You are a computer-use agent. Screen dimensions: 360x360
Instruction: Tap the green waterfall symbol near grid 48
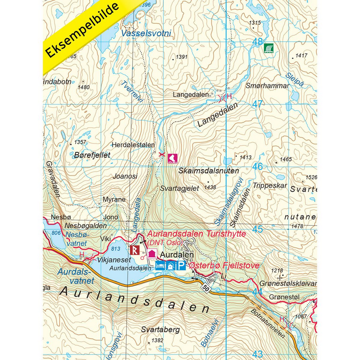(269, 48)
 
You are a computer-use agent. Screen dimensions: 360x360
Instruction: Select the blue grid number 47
(257, 104)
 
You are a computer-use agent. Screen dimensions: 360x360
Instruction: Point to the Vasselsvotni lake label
(146, 33)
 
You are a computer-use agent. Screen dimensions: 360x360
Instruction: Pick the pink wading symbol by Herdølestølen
(173, 158)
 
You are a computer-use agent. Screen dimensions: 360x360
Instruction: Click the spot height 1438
(210, 187)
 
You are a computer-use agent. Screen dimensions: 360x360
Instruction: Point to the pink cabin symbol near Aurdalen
(152, 254)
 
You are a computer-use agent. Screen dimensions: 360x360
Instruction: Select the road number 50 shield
(204, 286)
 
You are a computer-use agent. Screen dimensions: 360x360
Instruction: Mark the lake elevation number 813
(116, 248)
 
